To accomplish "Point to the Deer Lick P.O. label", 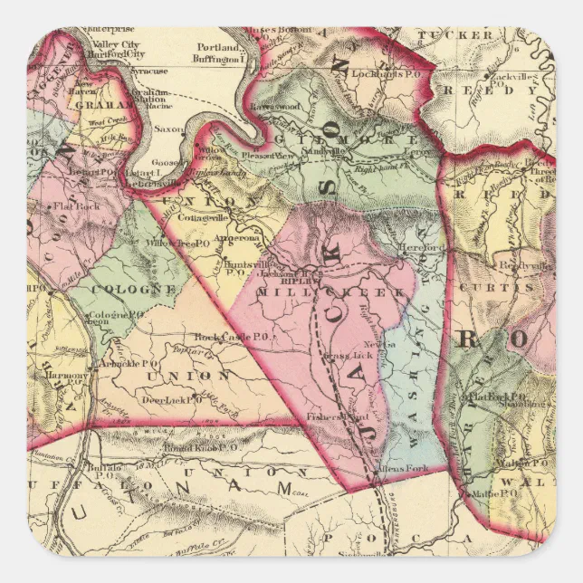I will pyautogui.click(x=167, y=398).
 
